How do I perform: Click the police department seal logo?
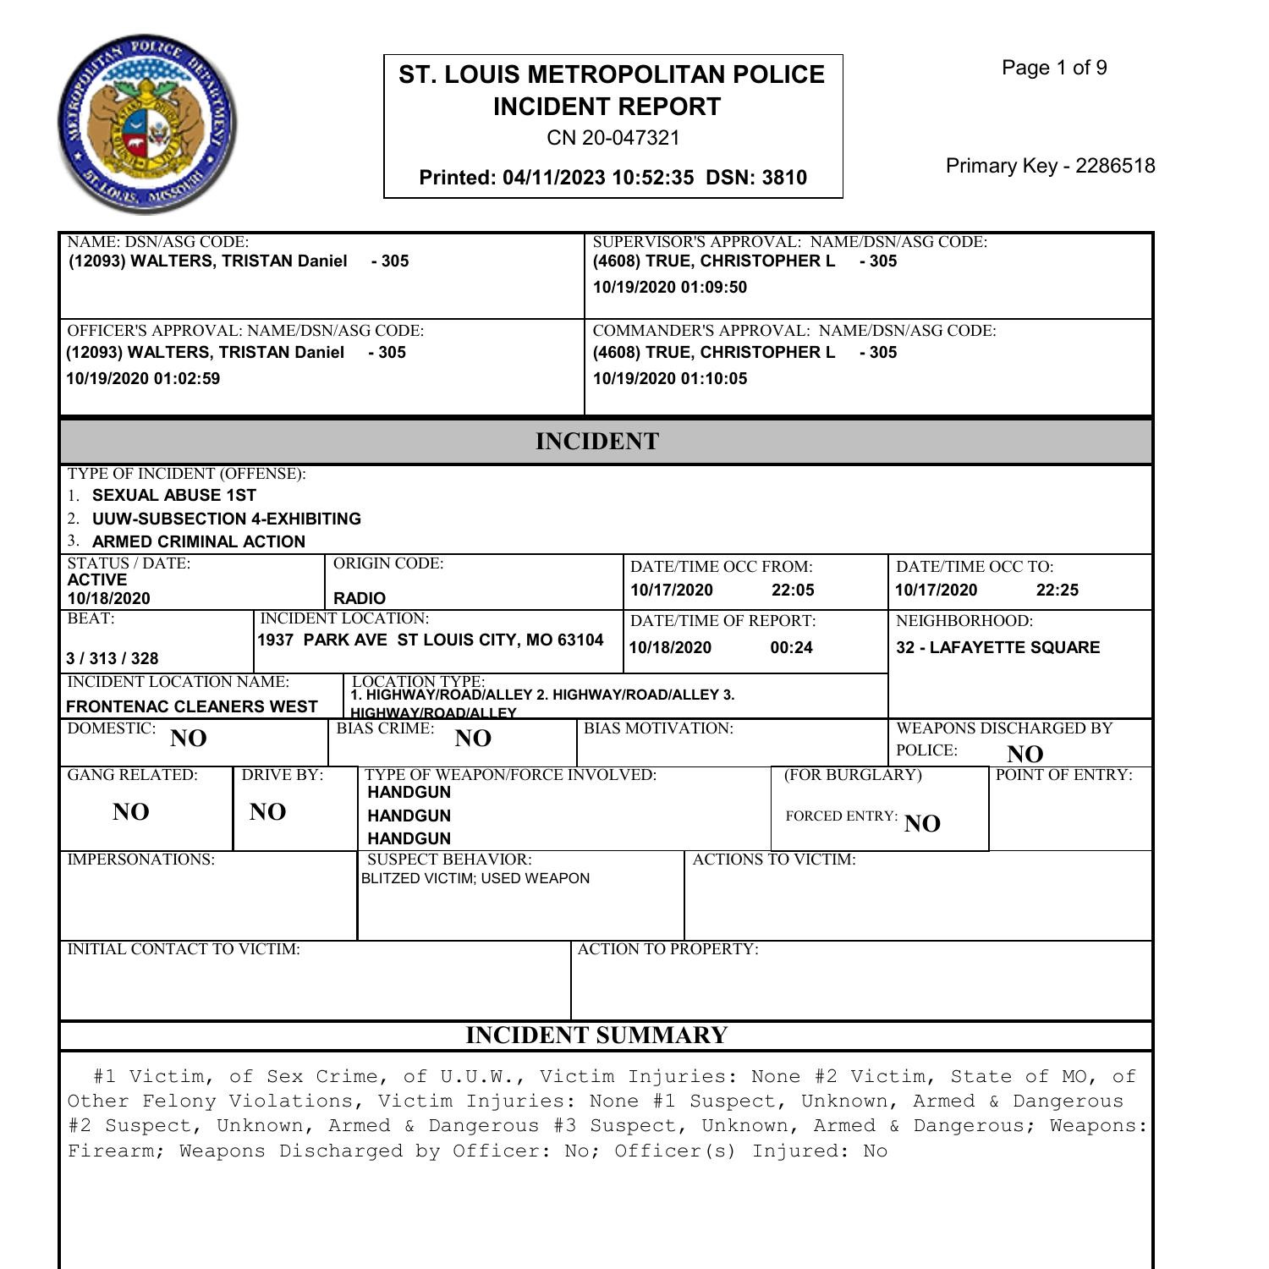click(x=147, y=124)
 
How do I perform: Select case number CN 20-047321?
click(x=613, y=138)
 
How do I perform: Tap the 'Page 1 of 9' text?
click(x=1054, y=69)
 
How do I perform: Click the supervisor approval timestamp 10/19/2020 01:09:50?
click(x=669, y=288)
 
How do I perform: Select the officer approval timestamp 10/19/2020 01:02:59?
click(x=143, y=379)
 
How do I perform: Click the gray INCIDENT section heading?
click(x=596, y=442)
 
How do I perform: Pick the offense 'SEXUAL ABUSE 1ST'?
click(x=173, y=496)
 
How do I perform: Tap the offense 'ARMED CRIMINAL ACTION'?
click(x=198, y=541)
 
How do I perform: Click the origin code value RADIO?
click(x=360, y=598)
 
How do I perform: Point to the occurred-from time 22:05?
click(x=793, y=591)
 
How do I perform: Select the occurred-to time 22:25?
click(x=1057, y=591)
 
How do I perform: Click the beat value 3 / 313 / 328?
click(x=113, y=658)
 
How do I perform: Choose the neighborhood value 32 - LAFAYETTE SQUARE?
click(x=997, y=648)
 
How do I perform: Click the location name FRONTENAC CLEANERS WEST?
click(x=192, y=707)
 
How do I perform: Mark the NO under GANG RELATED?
click(x=131, y=812)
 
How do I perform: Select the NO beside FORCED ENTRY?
click(x=922, y=824)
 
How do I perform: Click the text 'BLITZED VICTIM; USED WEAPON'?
click(x=475, y=879)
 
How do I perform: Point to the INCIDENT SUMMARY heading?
click(x=596, y=1036)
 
